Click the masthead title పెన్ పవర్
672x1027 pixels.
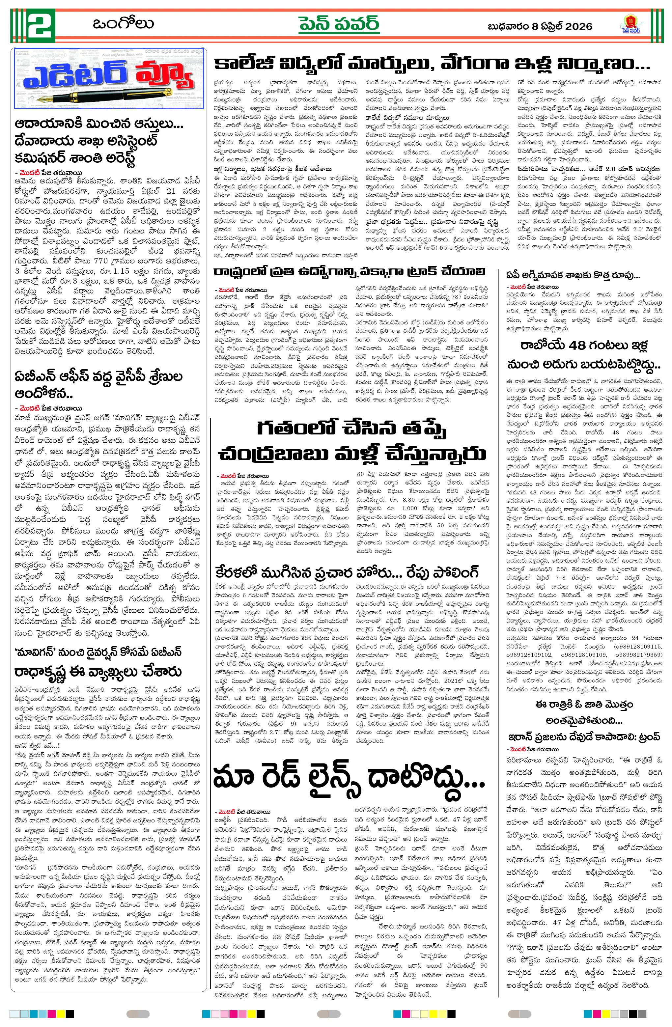pyautogui.click(x=339, y=25)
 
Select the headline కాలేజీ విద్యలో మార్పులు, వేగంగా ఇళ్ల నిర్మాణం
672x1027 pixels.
pyautogui.click(x=432, y=65)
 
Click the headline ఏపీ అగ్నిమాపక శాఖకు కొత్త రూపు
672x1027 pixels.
pyautogui.click(x=573, y=275)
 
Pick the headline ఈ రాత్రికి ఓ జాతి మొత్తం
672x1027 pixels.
pyautogui.click(x=583, y=705)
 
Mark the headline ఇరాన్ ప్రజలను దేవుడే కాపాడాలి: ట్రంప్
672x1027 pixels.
pyautogui.click(x=583, y=736)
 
